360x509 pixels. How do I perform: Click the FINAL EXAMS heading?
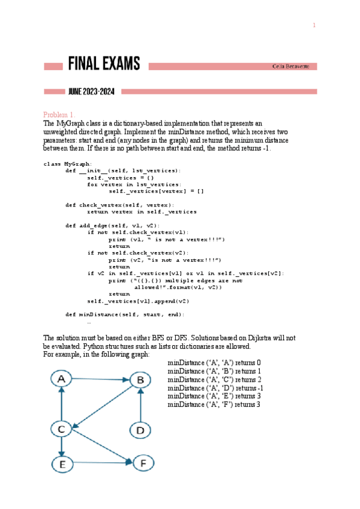point(104,64)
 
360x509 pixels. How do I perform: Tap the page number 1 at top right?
point(313,25)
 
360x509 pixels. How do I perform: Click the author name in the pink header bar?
point(291,66)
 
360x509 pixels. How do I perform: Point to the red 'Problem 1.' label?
point(59,115)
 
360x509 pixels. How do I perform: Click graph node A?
point(61,379)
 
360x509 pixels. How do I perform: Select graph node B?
point(140,379)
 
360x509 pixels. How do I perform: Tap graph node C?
point(61,429)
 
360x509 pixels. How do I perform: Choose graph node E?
point(61,463)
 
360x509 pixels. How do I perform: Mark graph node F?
point(140,463)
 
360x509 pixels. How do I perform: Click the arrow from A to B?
point(100,379)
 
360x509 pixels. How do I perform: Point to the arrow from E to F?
point(100,463)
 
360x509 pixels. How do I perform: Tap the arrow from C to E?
point(61,446)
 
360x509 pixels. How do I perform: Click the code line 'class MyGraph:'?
point(68,164)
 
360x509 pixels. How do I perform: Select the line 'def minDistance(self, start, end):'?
point(125,314)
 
